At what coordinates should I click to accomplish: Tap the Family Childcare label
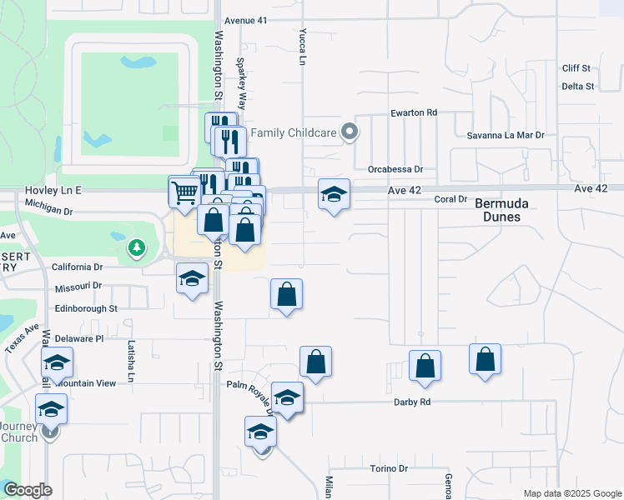point(292,132)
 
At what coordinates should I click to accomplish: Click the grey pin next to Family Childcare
point(350,132)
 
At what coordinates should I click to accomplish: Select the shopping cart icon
point(184,192)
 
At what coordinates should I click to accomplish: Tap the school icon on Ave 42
point(334,194)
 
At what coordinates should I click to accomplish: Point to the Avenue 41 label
point(246,19)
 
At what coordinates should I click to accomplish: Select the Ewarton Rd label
point(414,112)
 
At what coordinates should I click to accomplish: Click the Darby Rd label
point(412,402)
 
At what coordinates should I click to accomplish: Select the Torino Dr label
point(390,468)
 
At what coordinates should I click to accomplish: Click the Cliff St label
point(576,68)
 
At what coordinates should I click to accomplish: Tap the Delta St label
point(577,86)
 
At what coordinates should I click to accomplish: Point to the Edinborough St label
point(87,308)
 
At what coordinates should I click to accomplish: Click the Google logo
point(28,491)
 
